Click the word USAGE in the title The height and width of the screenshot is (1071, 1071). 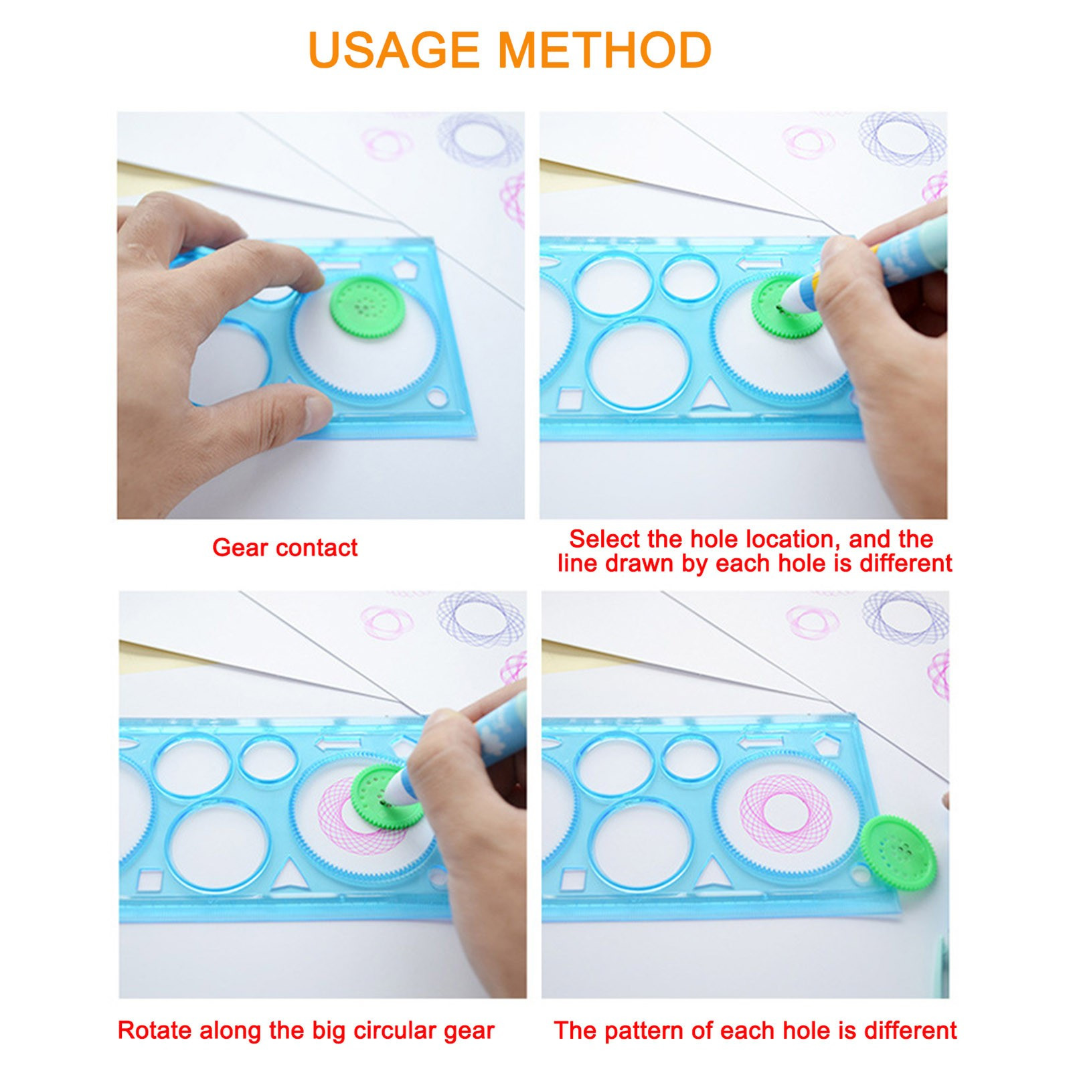(x=393, y=50)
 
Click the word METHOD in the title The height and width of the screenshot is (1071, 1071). (x=604, y=50)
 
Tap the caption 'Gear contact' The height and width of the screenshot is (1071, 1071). (x=285, y=548)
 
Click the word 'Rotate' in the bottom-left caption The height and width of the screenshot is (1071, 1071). (x=154, y=1030)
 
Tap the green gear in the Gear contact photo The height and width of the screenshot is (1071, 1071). (x=367, y=307)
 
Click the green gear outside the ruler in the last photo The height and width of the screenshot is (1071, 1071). (x=898, y=853)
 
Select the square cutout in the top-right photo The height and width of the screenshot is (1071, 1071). (x=572, y=400)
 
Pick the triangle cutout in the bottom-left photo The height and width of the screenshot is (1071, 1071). (x=290, y=873)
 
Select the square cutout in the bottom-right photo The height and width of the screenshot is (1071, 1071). (x=573, y=879)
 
